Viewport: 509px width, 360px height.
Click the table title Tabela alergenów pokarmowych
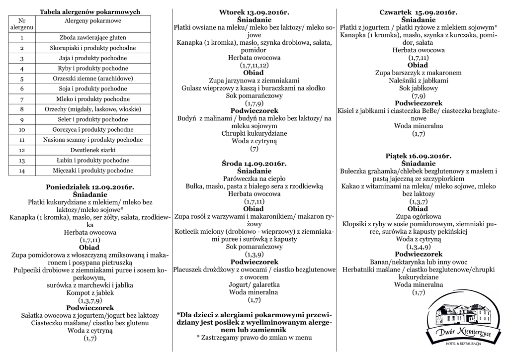click(90, 11)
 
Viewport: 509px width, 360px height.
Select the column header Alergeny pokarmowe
click(92, 20)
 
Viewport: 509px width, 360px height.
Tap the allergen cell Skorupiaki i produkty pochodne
click(92, 48)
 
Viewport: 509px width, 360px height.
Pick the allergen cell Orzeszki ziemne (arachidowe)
click(92, 79)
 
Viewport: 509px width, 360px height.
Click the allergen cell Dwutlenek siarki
click(92, 150)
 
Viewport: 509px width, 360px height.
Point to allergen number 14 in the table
click(22, 171)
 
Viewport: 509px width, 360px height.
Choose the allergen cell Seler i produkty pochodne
click(92, 119)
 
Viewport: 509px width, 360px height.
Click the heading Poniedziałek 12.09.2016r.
click(90, 187)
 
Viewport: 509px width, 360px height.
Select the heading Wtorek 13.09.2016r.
click(254, 12)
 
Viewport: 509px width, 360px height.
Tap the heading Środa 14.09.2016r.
click(254, 164)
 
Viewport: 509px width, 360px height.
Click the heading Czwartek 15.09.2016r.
click(418, 12)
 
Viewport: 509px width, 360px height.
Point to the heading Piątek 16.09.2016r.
click(418, 156)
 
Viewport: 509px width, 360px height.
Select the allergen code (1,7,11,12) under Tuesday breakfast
click(254, 65)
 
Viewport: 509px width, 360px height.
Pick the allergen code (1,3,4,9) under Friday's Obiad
click(418, 247)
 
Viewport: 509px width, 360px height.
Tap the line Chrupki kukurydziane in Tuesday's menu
click(254, 133)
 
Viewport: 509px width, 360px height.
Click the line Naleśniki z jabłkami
click(418, 80)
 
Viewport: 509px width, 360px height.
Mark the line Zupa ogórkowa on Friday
click(418, 216)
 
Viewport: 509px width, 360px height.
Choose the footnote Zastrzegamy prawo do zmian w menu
click(254, 337)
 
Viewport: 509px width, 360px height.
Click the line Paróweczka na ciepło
click(254, 179)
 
